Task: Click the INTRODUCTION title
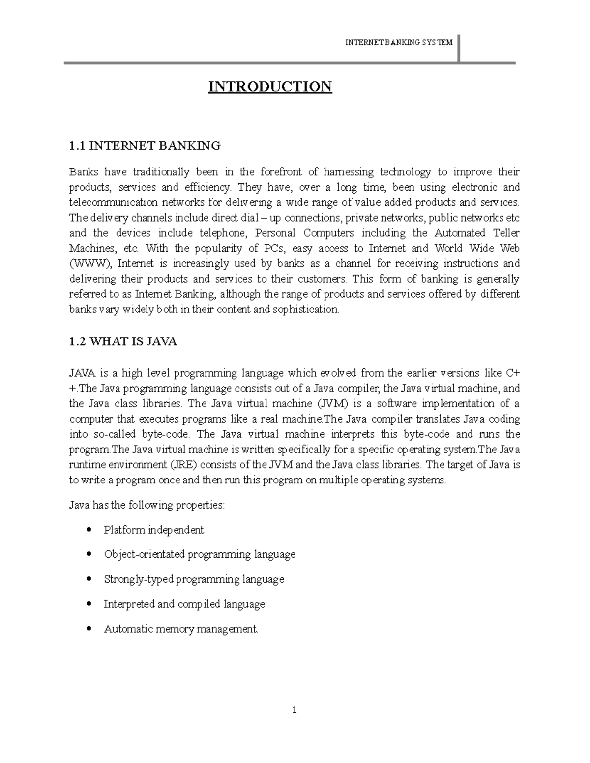270,87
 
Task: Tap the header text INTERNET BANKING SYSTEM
398,43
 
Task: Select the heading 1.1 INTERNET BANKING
145,146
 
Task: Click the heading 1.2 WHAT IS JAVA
122,342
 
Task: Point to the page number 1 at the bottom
294,710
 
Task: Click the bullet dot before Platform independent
88,530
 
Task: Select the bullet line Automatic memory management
180,629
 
